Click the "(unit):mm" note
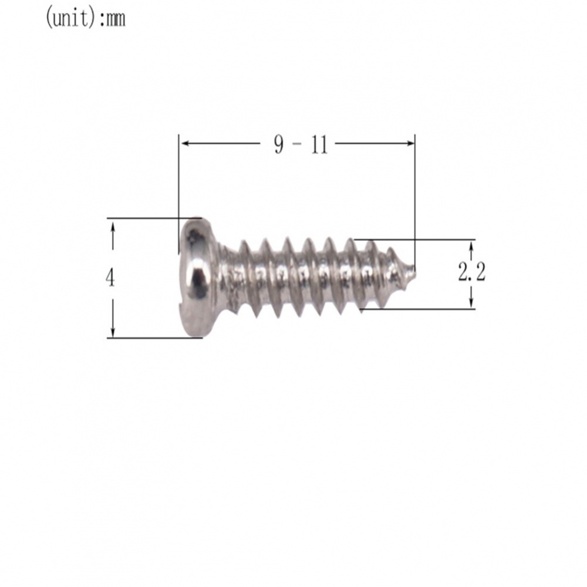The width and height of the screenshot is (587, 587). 85,19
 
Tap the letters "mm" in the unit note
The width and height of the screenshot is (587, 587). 114,20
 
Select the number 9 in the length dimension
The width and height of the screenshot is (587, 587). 279,144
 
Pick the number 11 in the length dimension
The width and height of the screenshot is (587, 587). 319,144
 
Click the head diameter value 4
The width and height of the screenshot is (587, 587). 110,278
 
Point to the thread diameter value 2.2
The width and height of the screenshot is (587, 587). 471,272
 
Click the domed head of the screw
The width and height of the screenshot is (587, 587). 197,276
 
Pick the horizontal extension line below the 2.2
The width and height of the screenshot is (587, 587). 423,309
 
